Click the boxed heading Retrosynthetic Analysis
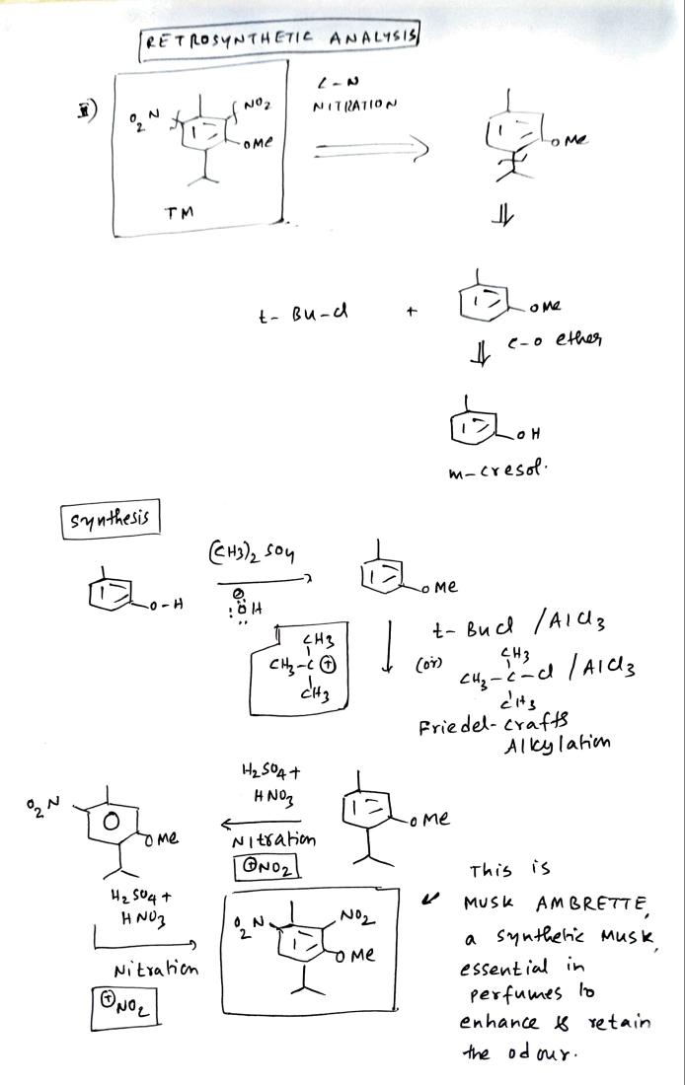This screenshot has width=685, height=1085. [x=281, y=39]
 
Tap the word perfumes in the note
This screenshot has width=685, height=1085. [x=508, y=1000]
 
